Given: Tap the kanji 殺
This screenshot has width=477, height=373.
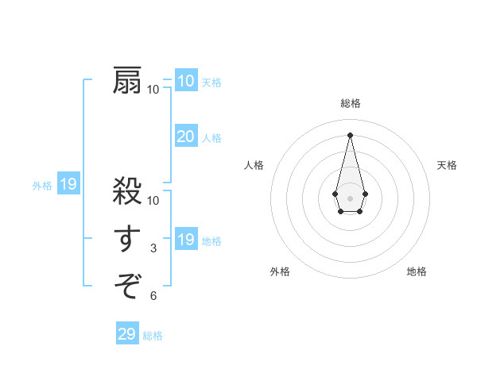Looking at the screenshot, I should point(127,192).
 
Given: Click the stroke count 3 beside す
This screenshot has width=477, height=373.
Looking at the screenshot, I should point(153,248).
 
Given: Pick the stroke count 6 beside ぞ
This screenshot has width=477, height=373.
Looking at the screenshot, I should point(153,296).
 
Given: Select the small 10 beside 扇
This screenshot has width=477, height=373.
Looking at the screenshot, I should point(153,89).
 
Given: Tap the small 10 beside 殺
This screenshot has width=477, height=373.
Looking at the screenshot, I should point(153,201).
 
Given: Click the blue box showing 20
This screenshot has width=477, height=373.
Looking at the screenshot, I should point(185,137).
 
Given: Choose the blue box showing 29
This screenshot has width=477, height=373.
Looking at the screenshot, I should point(126,334).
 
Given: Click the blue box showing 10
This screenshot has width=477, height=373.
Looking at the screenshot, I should point(185,80).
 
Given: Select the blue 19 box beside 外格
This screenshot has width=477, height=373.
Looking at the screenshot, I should point(68,185).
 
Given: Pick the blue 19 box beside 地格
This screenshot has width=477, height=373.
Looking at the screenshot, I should point(185,240).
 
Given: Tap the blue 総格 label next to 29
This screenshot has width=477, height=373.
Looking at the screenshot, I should point(153,336).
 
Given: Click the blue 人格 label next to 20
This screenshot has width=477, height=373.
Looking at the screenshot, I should point(211,138).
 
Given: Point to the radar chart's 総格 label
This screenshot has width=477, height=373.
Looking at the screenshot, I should point(350,103).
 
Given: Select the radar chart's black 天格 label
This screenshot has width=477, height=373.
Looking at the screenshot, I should point(447,165).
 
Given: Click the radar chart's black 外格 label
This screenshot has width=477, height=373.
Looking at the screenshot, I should point(280,271).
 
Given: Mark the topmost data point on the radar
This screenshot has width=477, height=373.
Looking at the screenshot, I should point(350,134).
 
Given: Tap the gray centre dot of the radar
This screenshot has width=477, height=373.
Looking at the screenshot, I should point(350,197).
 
